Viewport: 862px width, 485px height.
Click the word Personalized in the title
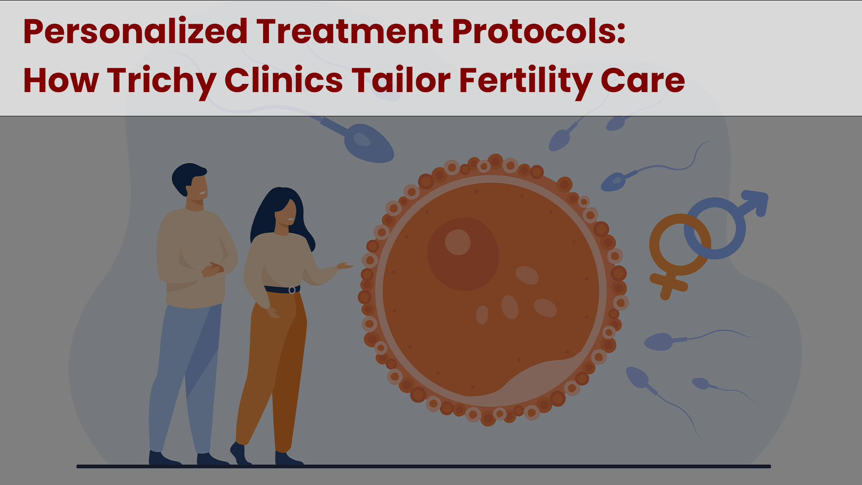pyautogui.click(x=135, y=32)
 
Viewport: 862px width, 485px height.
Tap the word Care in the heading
pyautogui.click(x=643, y=81)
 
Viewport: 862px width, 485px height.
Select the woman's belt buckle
pyautogui.click(x=292, y=290)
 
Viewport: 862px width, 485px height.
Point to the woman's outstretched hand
pyautogui.click(x=344, y=266)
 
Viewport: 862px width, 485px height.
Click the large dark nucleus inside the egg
pyautogui.click(x=463, y=254)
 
